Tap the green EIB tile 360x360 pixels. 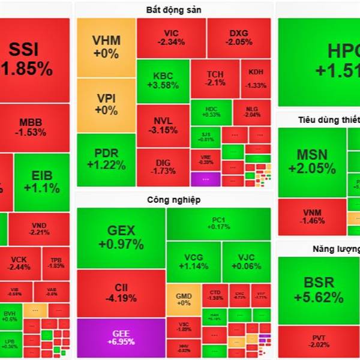pos(41,182)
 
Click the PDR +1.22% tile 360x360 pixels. pos(106,159)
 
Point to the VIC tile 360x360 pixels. pos(171,37)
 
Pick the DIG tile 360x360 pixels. pos(163,167)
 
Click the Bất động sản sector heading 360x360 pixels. pos(173,9)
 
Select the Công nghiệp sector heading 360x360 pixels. pos(173,200)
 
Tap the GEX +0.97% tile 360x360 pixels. pos(121,237)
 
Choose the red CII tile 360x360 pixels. pos(121,292)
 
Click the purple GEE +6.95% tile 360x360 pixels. pos(121,338)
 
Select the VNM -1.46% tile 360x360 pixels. pos(313,217)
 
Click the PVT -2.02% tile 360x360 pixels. pos(316,341)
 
